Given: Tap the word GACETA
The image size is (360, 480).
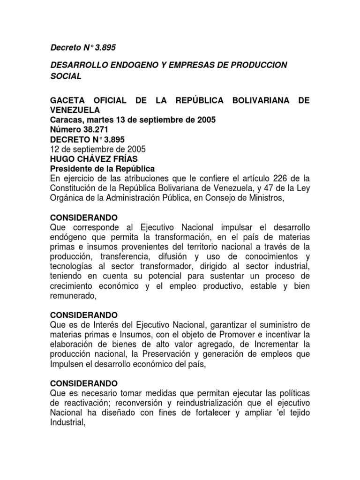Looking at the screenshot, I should [x=67, y=101].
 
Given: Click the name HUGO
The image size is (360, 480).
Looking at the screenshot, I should [x=62, y=158].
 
